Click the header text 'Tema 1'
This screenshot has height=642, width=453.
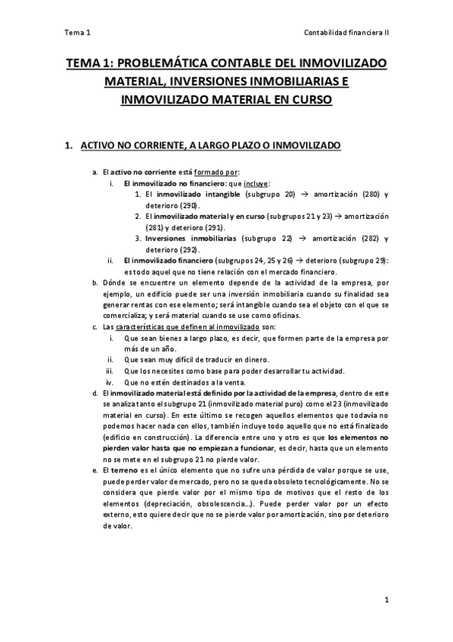tap(78, 32)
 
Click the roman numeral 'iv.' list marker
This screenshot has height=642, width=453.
tap(110, 382)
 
